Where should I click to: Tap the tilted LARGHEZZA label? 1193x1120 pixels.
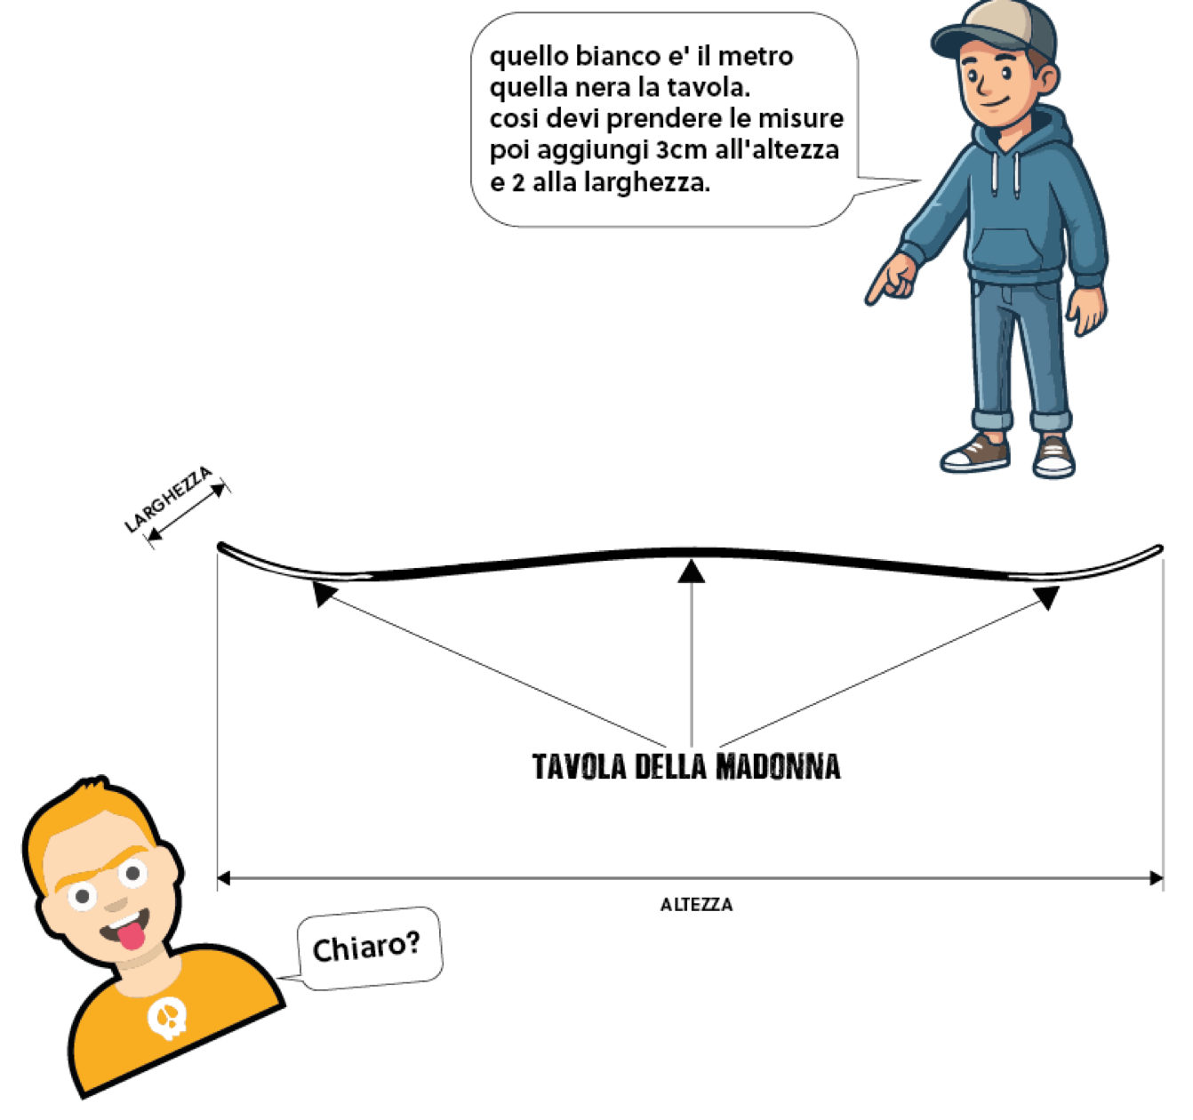click(x=172, y=487)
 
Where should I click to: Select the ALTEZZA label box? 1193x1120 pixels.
click(x=690, y=904)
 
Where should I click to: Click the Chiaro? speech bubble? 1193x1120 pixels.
click(x=366, y=948)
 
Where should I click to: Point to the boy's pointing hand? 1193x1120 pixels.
click(x=889, y=278)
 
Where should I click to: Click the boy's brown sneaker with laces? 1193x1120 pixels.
click(x=976, y=452)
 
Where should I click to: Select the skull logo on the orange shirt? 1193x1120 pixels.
click(x=167, y=1018)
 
